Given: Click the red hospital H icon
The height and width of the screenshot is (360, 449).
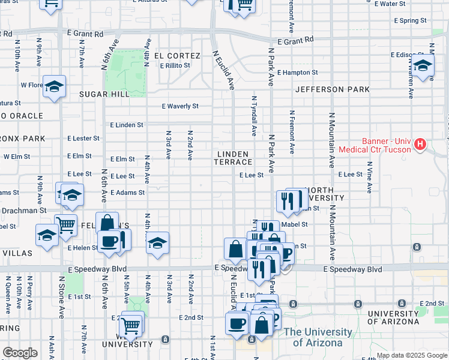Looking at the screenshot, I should pos(420,145).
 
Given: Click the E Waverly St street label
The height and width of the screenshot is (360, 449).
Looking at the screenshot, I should pos(180,106).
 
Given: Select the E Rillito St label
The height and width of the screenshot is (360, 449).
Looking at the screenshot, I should pos(175,65).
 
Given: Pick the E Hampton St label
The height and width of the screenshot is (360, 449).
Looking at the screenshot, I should pos(297,73).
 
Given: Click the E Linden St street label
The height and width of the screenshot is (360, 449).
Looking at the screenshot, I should pos(127,125).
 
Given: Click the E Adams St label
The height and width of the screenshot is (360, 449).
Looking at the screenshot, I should pos(127,193).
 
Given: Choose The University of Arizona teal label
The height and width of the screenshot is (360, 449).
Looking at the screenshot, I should pos(318,337).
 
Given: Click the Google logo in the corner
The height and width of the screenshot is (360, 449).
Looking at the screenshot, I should pos(20,353).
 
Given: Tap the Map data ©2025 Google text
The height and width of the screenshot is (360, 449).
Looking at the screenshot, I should pos(412,355).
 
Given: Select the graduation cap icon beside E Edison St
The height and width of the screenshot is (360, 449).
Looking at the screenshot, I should pos(423,66).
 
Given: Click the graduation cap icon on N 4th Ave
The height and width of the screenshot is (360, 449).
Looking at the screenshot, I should pos(157,244).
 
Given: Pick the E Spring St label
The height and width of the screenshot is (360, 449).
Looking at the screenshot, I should pos(410,20).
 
